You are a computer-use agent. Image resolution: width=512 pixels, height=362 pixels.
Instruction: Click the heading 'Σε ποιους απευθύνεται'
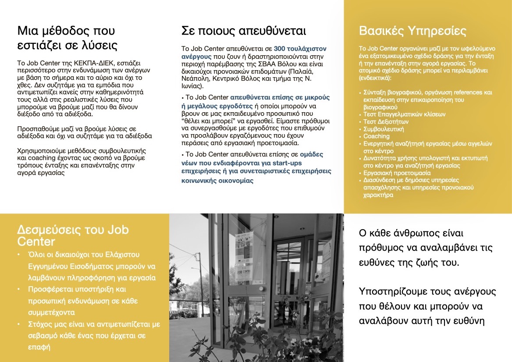(x=243, y=31)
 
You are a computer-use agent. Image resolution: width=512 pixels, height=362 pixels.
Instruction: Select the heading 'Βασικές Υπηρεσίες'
(x=412, y=31)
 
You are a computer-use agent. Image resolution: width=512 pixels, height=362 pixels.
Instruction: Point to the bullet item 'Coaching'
(x=377, y=136)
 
